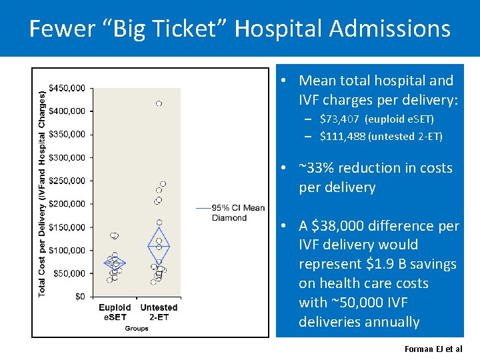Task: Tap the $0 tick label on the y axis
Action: (x=80, y=296)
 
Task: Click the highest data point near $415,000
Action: (x=159, y=103)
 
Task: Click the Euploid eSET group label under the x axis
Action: (x=115, y=312)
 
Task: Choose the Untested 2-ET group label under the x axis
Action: (x=159, y=312)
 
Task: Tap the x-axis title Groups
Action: (x=136, y=329)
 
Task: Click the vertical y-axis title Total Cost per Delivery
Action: (x=43, y=193)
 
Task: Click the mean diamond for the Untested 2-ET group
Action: (x=159, y=246)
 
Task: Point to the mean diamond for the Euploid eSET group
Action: (x=115, y=263)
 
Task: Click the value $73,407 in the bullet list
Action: (x=339, y=119)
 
